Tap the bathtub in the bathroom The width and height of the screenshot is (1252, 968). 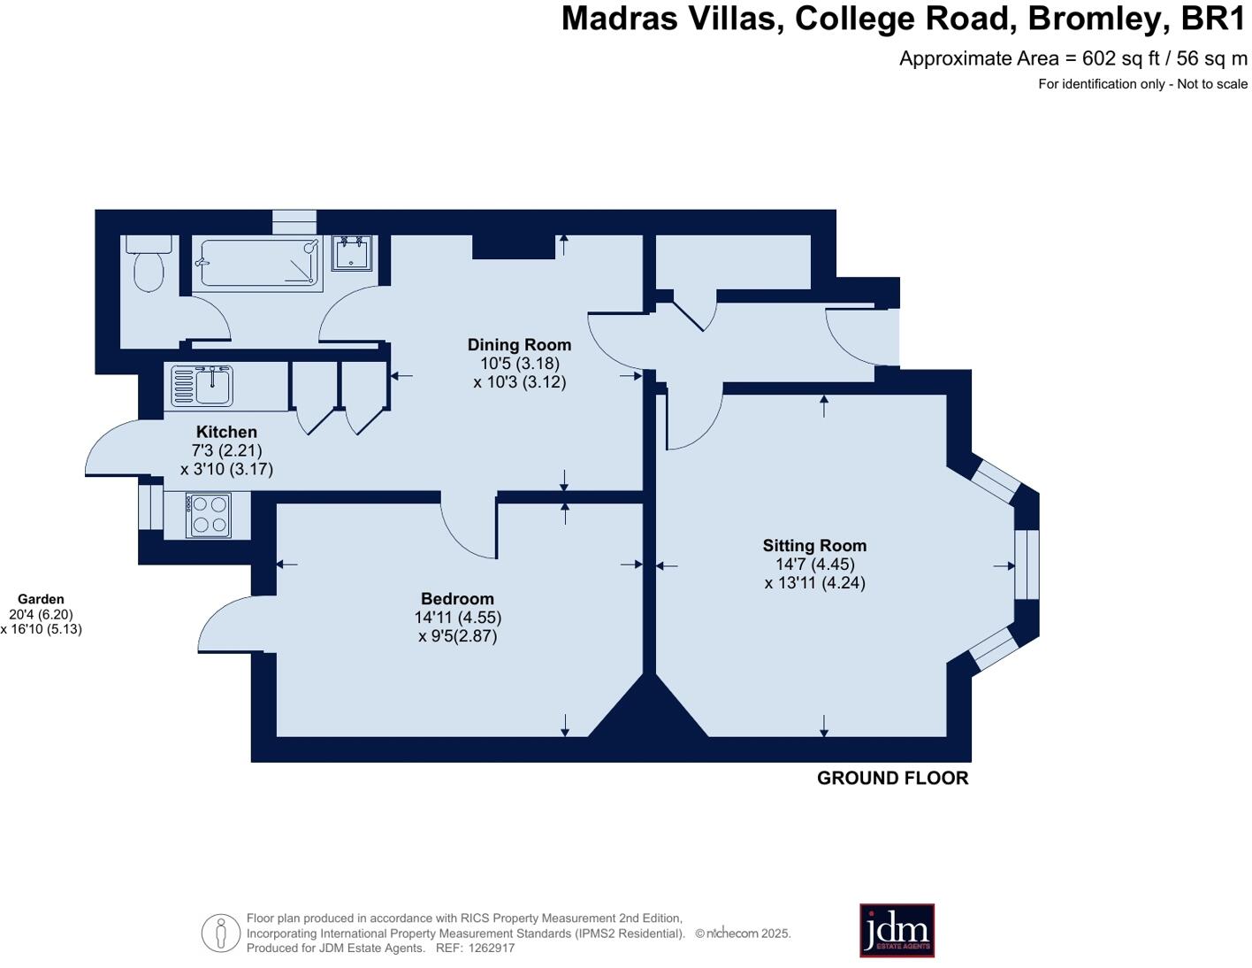pos(258,263)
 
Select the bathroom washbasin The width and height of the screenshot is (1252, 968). pos(352,252)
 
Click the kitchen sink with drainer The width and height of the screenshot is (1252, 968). pos(202,385)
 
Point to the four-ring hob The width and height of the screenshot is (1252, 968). pos(208,515)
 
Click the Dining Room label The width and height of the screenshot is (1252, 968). pos(519,345)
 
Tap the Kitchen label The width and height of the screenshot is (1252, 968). pos(226,432)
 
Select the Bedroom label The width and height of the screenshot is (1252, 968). pos(457,598)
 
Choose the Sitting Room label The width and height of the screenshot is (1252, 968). pos(814,545)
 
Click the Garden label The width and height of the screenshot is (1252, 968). pos(41,599)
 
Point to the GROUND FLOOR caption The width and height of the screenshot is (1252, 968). pos(892,779)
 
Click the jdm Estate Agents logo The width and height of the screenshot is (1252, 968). pos(897,930)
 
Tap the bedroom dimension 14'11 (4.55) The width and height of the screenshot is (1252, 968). pos(458,618)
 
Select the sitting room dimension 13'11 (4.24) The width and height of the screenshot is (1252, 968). pos(814,583)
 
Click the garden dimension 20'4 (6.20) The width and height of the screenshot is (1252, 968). pos(41,615)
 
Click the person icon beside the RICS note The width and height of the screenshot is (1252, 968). pos(221,933)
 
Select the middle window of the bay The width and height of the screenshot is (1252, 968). pos(1027,565)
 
